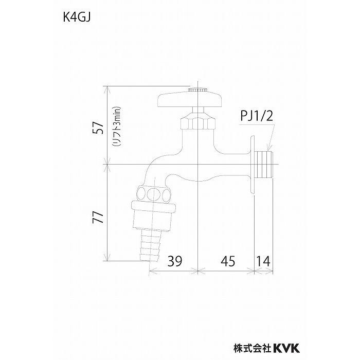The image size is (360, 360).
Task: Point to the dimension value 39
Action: coord(174,261)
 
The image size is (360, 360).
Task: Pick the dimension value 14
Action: coord(263,261)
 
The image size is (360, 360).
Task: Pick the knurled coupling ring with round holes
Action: coord(155,195)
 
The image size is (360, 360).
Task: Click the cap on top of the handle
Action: coord(197,90)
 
